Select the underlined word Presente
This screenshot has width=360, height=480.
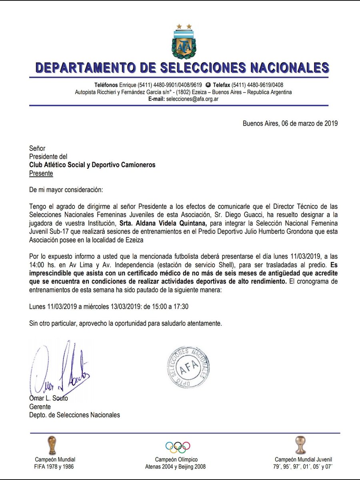click(x=41, y=173)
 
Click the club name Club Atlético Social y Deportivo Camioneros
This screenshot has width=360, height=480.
click(x=92, y=165)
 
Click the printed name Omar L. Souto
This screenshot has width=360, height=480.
click(x=48, y=398)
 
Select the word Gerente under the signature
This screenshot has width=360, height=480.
click(x=40, y=407)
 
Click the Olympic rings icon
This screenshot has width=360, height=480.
click(x=178, y=446)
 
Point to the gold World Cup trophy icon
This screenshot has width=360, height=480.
click(x=52, y=445)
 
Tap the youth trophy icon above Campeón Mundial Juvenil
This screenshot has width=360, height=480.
click(x=300, y=445)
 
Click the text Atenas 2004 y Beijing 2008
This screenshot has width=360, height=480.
click(x=176, y=467)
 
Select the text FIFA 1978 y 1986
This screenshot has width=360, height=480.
click(x=54, y=467)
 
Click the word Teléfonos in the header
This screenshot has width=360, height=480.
click(x=106, y=85)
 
